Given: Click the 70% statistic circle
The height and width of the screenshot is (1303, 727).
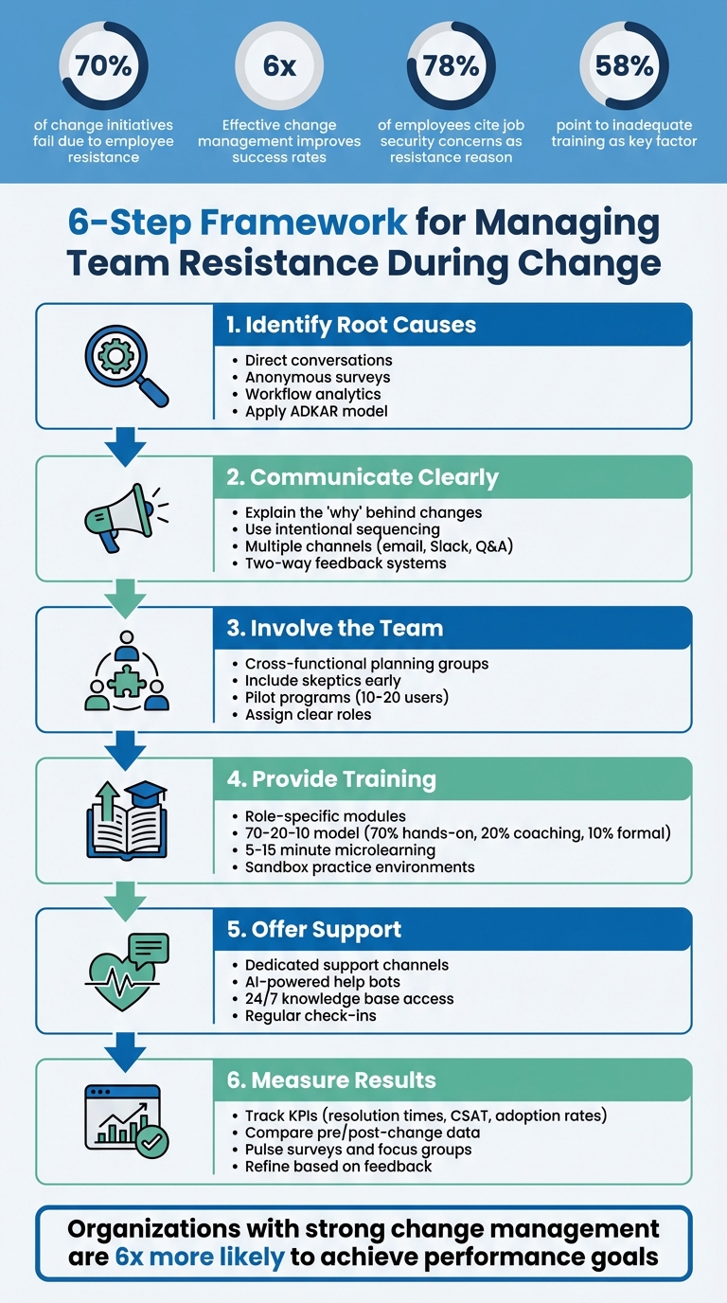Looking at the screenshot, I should tap(103, 65).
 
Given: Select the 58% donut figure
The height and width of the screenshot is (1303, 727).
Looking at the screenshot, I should tap(624, 65).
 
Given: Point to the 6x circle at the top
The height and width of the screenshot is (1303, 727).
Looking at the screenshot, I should tap(278, 65).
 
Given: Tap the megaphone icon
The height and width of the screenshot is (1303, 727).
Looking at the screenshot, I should tap(118, 518).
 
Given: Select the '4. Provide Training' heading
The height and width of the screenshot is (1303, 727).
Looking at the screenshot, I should tap(331, 779).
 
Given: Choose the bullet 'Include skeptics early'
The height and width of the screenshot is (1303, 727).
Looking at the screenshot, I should tap(323, 680).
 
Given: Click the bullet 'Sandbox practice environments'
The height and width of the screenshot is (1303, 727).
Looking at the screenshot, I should tap(360, 866).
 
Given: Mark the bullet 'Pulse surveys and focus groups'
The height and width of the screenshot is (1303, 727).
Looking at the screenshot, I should tap(358, 1149).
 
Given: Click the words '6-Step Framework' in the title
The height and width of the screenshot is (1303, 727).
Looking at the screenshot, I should tap(238, 223).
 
